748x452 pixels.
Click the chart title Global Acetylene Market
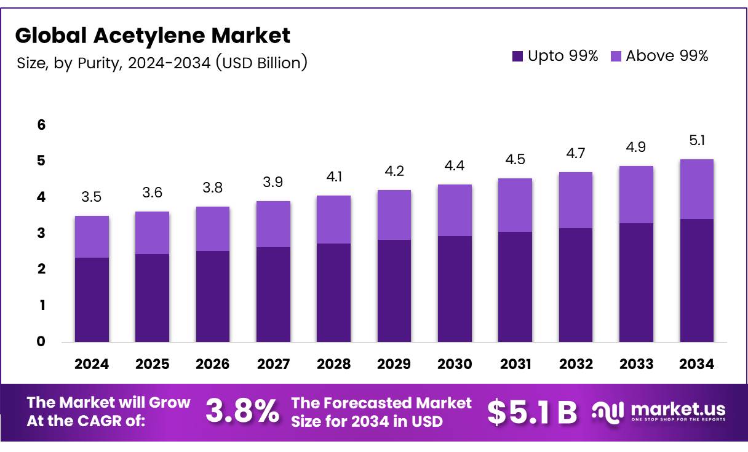point(153,35)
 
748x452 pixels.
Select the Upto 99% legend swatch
point(517,57)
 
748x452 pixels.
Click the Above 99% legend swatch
point(616,57)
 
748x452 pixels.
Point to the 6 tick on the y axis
point(41,125)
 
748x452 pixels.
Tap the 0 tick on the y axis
point(41,342)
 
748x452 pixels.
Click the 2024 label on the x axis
point(92,364)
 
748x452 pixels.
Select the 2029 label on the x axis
point(394,364)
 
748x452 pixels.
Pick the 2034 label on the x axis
point(696,364)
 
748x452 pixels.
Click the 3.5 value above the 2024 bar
point(92,197)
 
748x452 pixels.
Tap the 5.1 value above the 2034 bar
point(696,141)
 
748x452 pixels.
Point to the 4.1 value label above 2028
point(334,177)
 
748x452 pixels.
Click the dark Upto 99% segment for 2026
point(213,296)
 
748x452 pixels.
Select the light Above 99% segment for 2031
point(515,205)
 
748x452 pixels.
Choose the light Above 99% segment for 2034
point(696,189)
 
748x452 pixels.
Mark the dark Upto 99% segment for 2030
point(455,289)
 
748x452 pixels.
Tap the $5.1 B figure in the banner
point(531,413)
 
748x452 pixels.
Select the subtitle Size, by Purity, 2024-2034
point(161,63)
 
